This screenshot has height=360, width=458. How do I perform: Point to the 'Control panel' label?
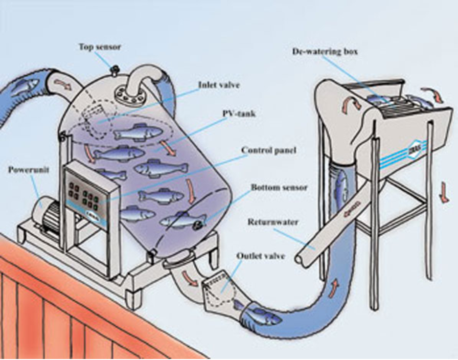[x=268, y=151]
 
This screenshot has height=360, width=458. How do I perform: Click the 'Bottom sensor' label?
[x=279, y=188]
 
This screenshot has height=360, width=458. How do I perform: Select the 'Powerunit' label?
[x=29, y=169]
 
